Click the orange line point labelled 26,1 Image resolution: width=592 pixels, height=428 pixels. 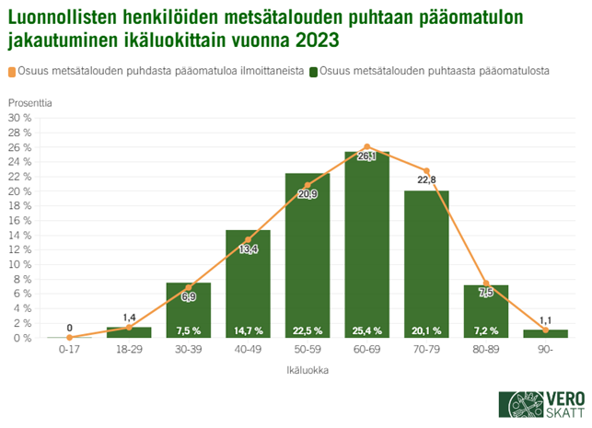coord(366,146)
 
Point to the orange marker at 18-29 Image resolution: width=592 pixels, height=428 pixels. coord(129,328)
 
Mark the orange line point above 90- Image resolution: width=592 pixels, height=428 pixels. coord(546,330)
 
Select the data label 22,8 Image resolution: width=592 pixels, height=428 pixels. coord(426,179)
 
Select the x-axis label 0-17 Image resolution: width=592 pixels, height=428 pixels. coord(69,351)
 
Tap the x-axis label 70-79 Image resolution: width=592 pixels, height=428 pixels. coord(426,351)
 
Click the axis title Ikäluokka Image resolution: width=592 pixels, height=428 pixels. coord(307,372)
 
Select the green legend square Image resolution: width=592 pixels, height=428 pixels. coord(314,71)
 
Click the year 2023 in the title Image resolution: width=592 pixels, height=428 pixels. coord(316,41)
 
